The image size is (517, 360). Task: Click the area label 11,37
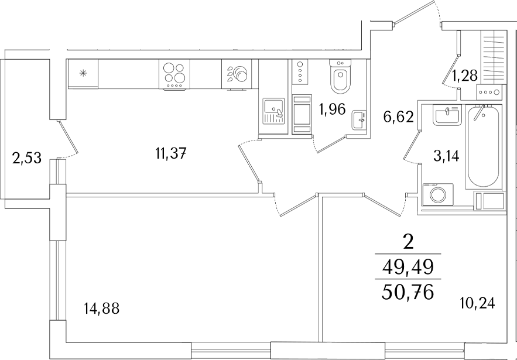[171, 153]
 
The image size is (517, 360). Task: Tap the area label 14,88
[102, 309]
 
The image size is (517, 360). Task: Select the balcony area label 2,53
[27, 158]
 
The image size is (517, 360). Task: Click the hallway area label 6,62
[398, 116]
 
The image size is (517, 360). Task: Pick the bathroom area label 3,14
[446, 156]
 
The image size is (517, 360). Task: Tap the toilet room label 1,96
[332, 109]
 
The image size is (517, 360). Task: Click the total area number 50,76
[407, 293]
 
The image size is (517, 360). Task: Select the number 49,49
[408, 268]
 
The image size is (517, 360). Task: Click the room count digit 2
[409, 244]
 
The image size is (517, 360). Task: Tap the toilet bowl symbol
[340, 77]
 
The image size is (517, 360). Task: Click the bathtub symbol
[484, 146]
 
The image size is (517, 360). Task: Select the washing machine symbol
[438, 194]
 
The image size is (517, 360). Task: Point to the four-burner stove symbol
[174, 74]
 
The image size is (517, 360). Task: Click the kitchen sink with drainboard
[273, 111]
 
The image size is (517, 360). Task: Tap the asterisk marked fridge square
[83, 74]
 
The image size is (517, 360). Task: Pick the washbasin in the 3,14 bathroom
[447, 115]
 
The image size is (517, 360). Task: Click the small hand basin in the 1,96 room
[359, 120]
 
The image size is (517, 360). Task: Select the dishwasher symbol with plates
[237, 74]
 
